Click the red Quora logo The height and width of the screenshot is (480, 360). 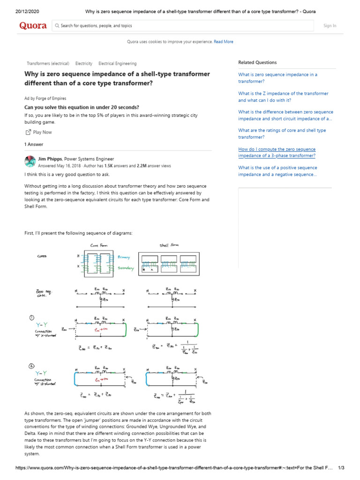[x=33, y=26]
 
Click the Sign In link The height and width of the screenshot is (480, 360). [x=330, y=26]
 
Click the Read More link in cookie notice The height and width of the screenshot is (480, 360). [x=223, y=42]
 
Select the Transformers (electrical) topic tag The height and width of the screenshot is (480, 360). [x=48, y=63]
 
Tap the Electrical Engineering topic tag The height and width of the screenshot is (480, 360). [x=117, y=63]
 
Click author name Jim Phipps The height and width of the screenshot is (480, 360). [x=50, y=159]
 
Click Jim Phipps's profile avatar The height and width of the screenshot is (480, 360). [x=30, y=162]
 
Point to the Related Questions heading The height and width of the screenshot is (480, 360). [x=257, y=62]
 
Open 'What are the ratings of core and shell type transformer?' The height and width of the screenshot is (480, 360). [x=282, y=134]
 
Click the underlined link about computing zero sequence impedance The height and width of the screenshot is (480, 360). [x=277, y=152]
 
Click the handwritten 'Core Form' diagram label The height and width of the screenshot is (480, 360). [x=98, y=245]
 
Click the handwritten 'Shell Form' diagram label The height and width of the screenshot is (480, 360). [x=169, y=245]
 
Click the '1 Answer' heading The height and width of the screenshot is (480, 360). [x=34, y=144]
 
